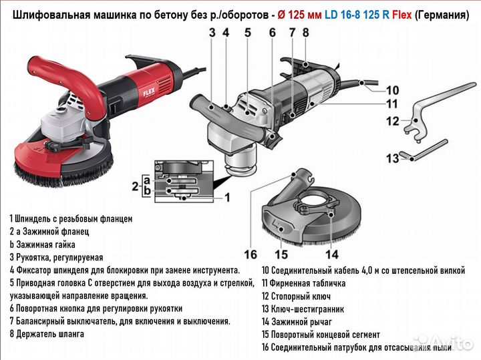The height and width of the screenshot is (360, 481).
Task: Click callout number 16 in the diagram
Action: [250, 254]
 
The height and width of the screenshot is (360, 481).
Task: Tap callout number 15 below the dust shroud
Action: [281, 254]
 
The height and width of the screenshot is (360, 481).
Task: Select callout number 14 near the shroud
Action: [332, 254]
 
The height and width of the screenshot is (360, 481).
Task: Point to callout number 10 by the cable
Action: [392, 89]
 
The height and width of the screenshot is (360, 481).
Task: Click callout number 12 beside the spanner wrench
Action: [392, 121]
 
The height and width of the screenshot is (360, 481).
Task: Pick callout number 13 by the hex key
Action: [392, 158]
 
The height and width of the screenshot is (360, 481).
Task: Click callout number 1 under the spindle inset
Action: [227, 197]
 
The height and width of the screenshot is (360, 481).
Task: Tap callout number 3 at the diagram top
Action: [211, 31]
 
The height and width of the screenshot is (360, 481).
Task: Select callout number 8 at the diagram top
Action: [305, 31]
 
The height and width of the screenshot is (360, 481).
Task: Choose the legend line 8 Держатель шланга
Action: [47, 333]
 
